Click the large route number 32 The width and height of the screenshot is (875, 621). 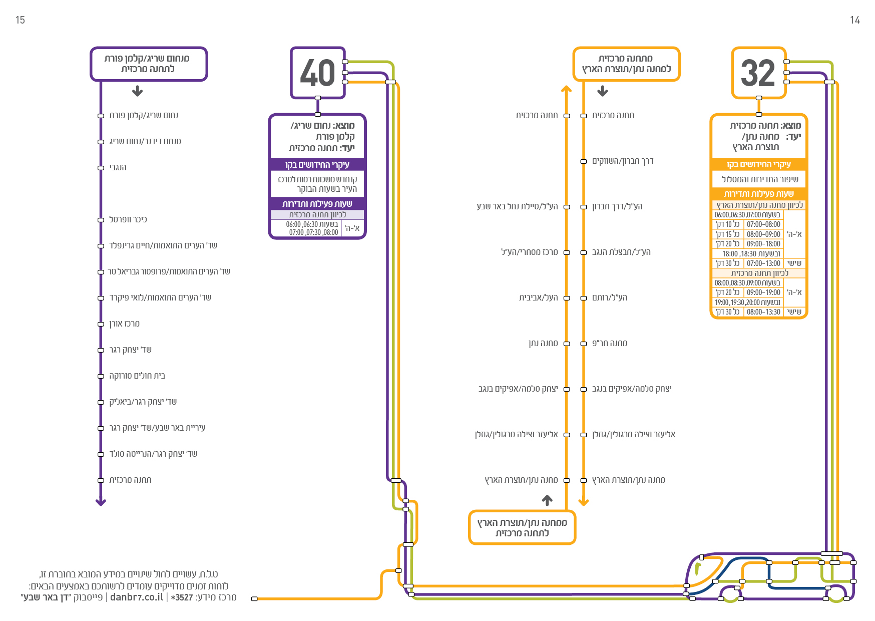click(x=758, y=73)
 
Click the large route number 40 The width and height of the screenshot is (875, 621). click(x=317, y=73)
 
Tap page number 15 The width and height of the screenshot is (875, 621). click(x=20, y=20)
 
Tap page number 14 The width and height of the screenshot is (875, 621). click(x=855, y=20)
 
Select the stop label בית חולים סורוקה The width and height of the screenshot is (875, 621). click(x=137, y=376)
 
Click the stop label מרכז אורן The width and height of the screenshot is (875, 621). click(x=125, y=324)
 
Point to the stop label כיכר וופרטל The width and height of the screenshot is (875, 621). click(x=128, y=219)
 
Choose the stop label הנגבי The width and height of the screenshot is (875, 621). click(x=118, y=167)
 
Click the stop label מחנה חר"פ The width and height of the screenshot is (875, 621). click(x=610, y=343)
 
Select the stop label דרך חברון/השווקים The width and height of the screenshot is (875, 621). click(x=623, y=161)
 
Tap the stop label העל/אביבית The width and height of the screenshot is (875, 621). click(x=539, y=297)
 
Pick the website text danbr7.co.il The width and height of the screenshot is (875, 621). click(x=137, y=597)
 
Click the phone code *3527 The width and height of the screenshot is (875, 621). click(x=182, y=597)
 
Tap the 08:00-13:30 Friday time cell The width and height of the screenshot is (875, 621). click(x=763, y=312)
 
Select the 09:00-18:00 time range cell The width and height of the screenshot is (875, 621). click(x=763, y=244)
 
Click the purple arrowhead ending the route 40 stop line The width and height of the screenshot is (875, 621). click(x=101, y=502)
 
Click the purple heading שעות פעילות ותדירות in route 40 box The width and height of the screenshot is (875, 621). click(x=317, y=204)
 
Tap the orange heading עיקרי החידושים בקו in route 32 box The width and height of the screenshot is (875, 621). click(x=759, y=164)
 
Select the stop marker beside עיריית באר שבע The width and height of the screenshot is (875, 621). click(x=101, y=428)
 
